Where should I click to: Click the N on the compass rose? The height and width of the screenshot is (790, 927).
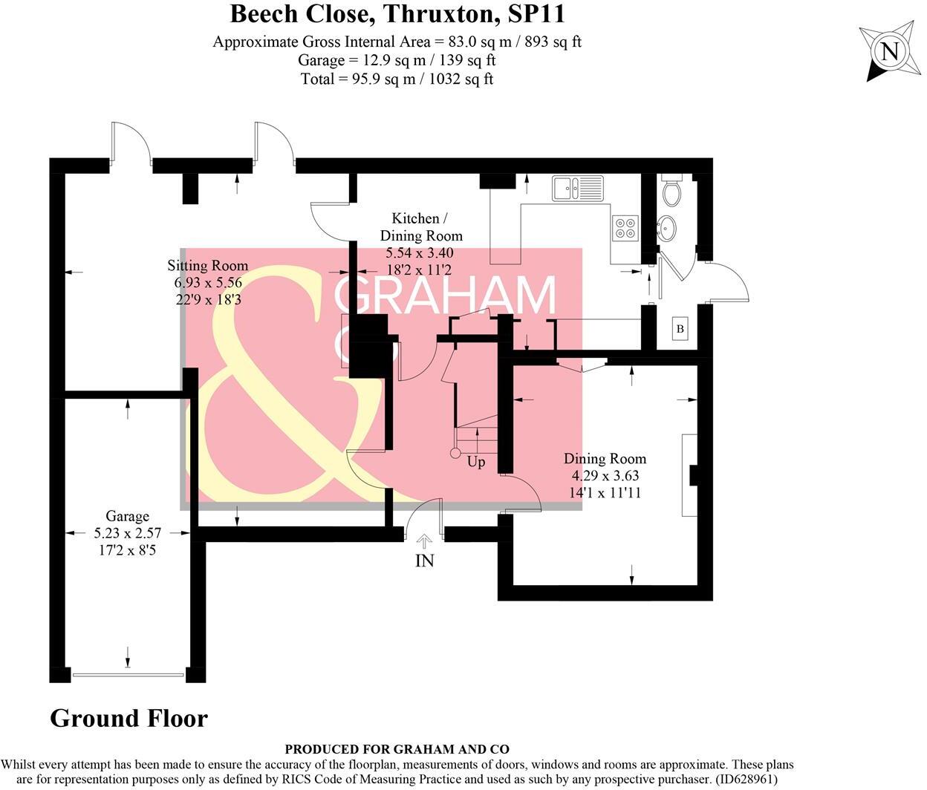pos(889,52)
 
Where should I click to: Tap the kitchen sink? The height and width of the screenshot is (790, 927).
pos(578,187)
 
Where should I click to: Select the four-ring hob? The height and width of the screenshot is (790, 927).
pos(625,228)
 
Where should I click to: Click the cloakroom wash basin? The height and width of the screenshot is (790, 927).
pos(667,228)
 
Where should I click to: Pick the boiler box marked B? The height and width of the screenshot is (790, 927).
pos(680,329)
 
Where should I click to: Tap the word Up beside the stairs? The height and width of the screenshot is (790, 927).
pos(476,462)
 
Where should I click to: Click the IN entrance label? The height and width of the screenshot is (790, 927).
pos(424,561)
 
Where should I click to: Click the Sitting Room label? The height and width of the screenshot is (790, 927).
pos(208,265)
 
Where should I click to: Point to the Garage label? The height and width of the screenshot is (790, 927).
pos(127,516)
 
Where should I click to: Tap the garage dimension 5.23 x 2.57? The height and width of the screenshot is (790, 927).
pos(127,533)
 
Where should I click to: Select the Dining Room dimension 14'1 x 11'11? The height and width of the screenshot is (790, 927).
pos(605,493)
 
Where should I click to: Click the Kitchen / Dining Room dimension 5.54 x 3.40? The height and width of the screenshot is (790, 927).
pos(420,253)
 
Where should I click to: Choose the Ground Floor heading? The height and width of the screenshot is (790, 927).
pos(129,718)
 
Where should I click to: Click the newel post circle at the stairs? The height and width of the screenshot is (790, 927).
pos(455,454)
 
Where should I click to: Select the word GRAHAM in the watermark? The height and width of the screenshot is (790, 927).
pos(445,294)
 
